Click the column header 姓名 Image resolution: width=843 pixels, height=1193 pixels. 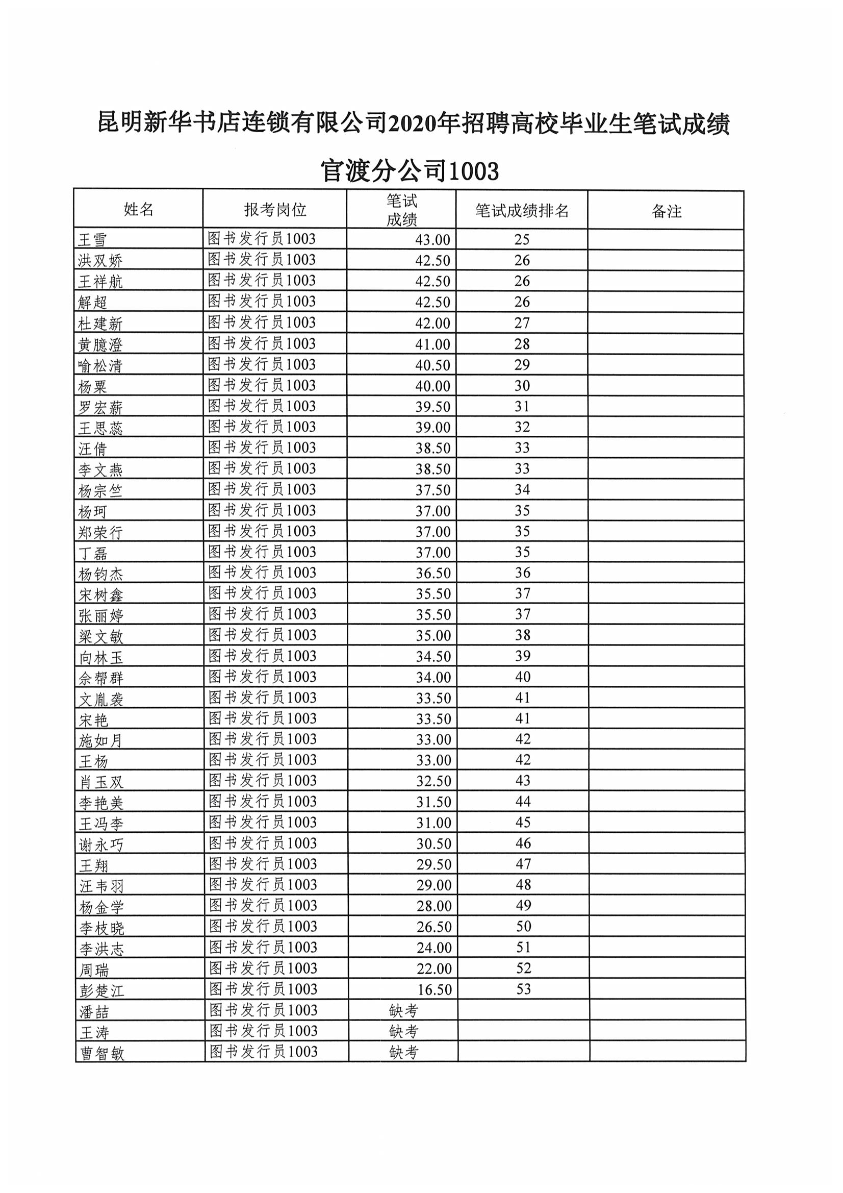[x=138, y=209]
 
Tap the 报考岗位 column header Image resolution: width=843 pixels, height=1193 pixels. [x=275, y=210]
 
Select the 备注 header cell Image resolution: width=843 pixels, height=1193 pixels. [x=666, y=211]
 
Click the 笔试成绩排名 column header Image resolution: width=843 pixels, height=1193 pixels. [x=522, y=211]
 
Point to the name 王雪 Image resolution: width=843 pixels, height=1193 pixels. [x=92, y=239]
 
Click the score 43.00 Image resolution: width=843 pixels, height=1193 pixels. [x=432, y=239]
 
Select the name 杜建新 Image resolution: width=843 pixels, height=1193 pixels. [x=100, y=324]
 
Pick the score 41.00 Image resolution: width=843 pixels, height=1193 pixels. [x=432, y=344]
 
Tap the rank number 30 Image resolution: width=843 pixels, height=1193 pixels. [x=522, y=386]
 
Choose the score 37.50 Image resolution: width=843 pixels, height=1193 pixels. [x=432, y=489]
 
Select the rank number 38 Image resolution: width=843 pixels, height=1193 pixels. [x=523, y=635]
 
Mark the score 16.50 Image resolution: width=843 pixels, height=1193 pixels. [x=434, y=989]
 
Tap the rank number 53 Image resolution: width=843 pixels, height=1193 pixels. [x=524, y=989]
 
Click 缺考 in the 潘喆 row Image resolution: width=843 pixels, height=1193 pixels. [x=403, y=1011]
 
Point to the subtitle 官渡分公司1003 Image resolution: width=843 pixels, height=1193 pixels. [x=410, y=171]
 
